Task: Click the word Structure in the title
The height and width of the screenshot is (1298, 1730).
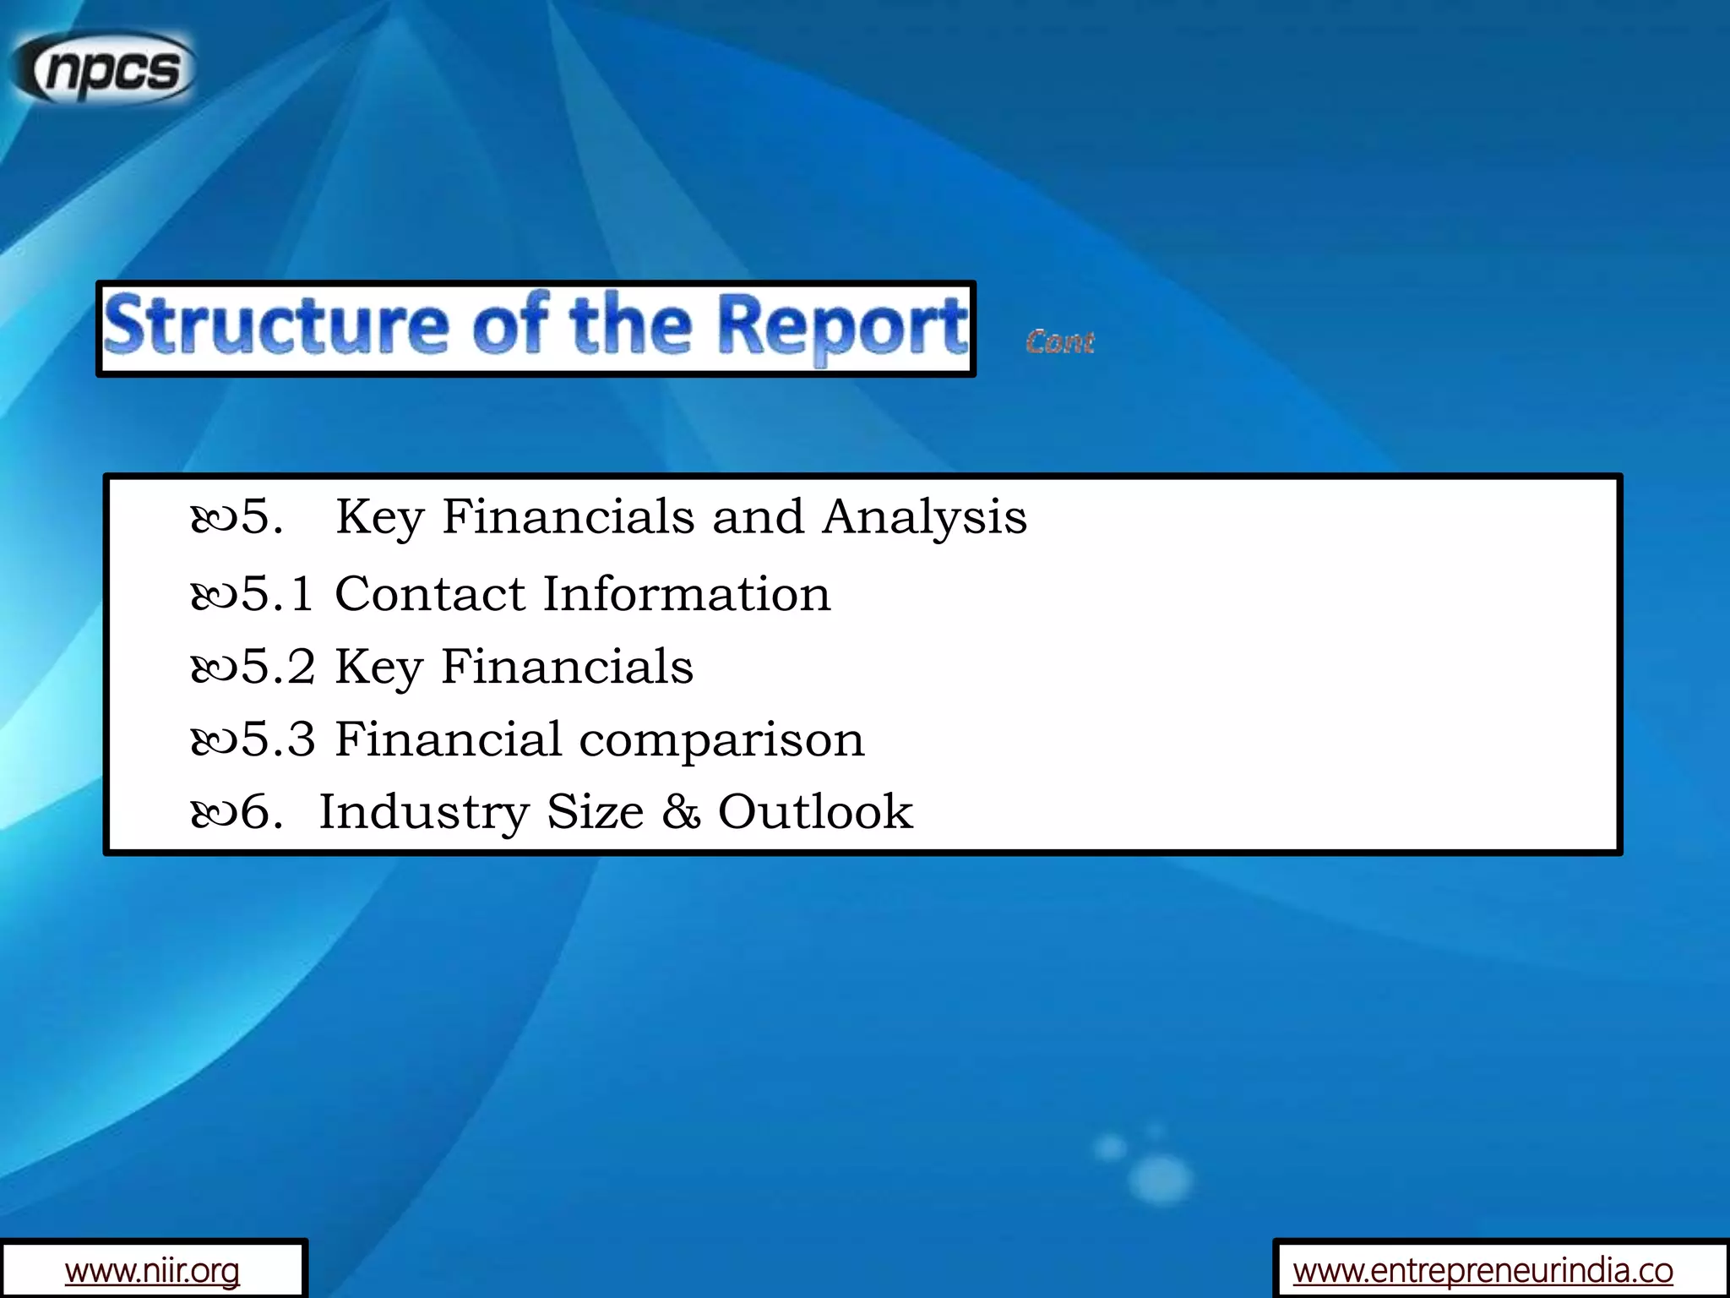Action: tap(275, 327)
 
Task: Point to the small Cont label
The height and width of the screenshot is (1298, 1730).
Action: tap(1060, 342)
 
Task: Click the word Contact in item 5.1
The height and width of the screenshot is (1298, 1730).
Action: tap(430, 594)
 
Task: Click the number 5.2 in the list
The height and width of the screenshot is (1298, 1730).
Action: tap(278, 667)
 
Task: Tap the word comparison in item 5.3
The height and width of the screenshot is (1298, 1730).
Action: tap(722, 740)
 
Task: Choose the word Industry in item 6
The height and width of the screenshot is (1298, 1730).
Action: tap(423, 813)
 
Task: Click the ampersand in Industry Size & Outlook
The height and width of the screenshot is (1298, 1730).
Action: tap(681, 813)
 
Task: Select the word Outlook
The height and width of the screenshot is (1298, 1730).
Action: tap(815, 813)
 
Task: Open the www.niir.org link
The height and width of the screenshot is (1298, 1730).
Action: tap(152, 1270)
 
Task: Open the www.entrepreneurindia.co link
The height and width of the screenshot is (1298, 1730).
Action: tap(1482, 1270)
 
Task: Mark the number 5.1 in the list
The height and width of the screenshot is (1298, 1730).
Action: tap(278, 594)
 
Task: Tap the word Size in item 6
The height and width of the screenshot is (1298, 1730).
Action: tap(595, 813)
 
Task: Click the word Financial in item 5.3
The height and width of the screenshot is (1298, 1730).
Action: tap(449, 740)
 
